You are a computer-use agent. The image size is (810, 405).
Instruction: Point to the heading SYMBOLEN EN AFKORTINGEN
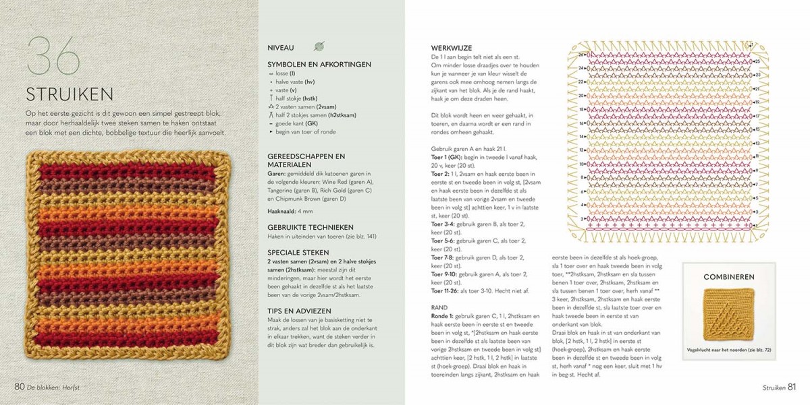[x=319, y=64]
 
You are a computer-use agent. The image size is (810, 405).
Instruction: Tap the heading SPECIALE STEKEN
[x=298, y=253]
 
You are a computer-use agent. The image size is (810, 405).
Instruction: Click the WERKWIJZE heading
[x=452, y=47]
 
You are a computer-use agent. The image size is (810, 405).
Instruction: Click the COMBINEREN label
[x=728, y=277]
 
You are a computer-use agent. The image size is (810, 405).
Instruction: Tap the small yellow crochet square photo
[x=728, y=314]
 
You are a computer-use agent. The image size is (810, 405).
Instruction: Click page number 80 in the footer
[x=20, y=386]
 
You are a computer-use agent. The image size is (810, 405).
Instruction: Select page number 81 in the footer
[x=792, y=387]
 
